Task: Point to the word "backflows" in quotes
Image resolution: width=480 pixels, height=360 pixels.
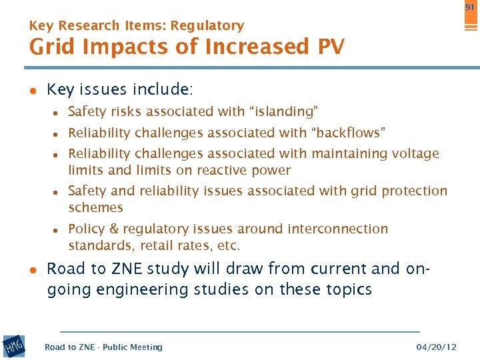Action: (x=351, y=133)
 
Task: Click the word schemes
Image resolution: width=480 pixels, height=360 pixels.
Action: (x=95, y=208)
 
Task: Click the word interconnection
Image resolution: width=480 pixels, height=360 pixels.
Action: (x=337, y=229)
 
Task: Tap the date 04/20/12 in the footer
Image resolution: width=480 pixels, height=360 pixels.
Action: (x=436, y=347)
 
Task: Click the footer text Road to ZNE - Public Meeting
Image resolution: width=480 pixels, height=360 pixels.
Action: (x=103, y=347)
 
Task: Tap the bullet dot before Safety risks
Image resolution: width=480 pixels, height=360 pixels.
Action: (x=57, y=113)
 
